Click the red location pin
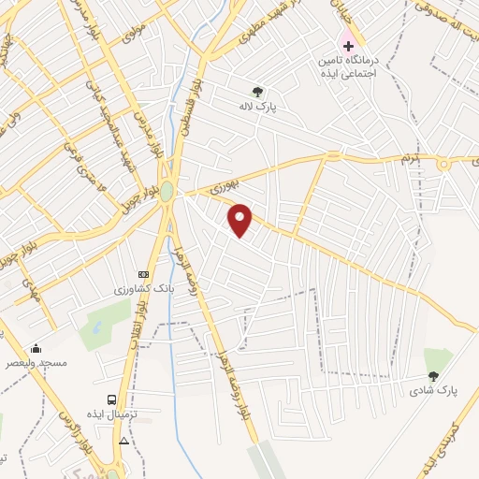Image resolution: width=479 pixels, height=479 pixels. [240, 219]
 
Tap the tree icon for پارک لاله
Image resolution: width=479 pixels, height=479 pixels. [257, 91]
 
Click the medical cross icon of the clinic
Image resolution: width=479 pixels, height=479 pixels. [348, 45]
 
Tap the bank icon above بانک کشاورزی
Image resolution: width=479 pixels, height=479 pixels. [142, 274]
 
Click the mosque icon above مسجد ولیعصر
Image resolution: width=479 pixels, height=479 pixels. [36, 347]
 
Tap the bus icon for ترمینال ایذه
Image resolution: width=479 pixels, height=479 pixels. [112, 399]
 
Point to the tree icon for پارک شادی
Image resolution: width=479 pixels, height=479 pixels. [432, 376]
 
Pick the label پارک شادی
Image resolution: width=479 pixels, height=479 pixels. [431, 391]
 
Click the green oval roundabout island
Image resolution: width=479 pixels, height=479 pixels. [167, 191]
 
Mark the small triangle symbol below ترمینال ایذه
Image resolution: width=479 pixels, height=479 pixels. [124, 440]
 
